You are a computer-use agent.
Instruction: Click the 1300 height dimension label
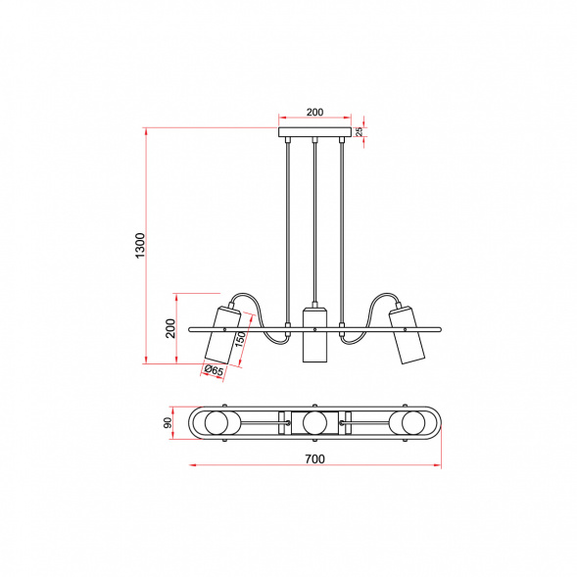click(140, 246)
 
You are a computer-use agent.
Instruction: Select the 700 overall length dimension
click(315, 458)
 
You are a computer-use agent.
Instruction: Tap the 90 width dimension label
click(168, 423)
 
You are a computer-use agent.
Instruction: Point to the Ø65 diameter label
click(214, 370)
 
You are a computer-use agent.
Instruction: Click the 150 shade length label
click(240, 339)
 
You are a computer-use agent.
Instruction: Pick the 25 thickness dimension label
click(360, 131)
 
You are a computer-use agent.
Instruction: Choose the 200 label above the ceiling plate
click(315, 112)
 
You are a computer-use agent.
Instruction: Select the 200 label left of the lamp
click(170, 328)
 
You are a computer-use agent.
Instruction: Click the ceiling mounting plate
click(314, 132)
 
